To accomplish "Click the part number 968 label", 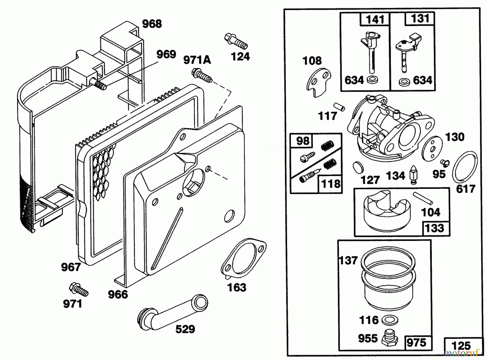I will click(152, 24).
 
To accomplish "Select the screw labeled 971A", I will click(202, 76).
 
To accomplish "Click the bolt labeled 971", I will click(79, 290).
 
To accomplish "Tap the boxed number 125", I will click(461, 346).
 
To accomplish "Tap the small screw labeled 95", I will click(445, 162).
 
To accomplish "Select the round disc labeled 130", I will click(433, 148).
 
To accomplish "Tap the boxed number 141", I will click(375, 19).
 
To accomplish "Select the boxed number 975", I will click(417, 343).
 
